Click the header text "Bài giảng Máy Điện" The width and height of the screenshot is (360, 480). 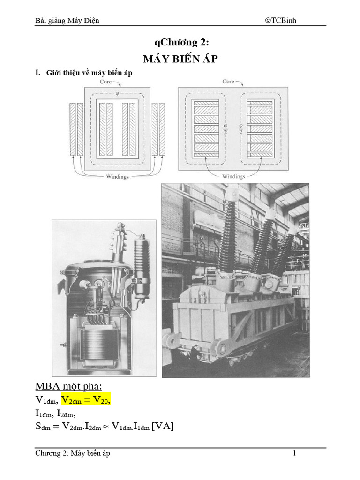(67, 20)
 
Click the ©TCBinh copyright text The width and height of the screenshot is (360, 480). (280, 20)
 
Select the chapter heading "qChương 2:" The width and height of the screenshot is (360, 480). (180, 43)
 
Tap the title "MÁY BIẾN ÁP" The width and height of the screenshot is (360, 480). (180, 60)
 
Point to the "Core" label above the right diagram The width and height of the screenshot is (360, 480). (228, 82)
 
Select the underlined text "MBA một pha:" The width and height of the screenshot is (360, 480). (68, 386)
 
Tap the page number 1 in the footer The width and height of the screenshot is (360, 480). (295, 453)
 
